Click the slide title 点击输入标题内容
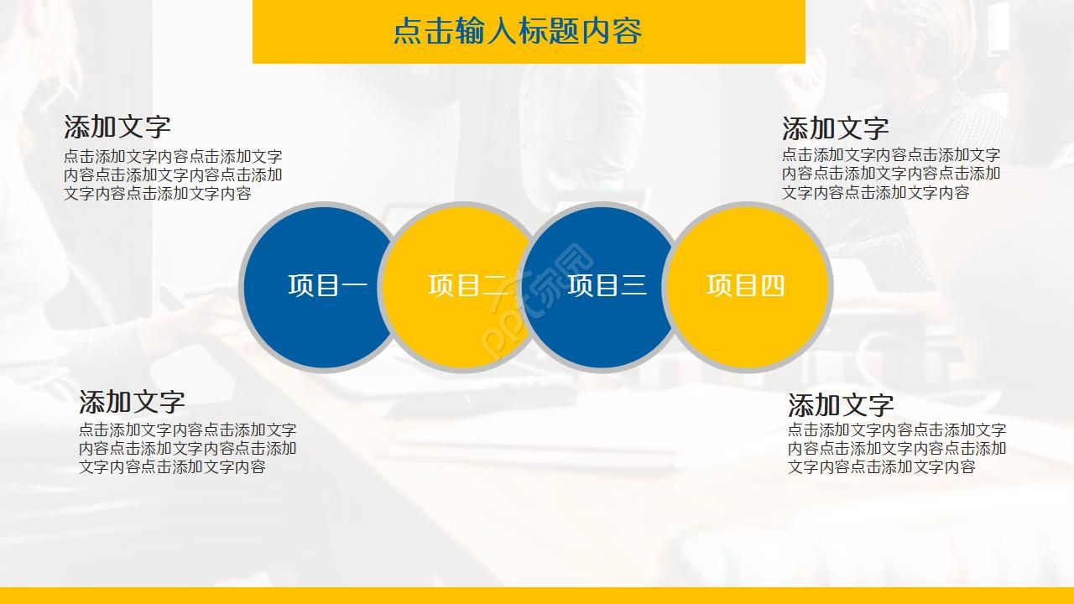(x=517, y=31)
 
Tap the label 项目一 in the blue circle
(x=327, y=286)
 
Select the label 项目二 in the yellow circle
(x=467, y=286)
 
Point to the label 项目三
(x=607, y=286)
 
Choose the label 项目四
(x=746, y=286)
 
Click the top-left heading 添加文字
(x=117, y=127)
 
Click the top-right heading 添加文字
(x=835, y=128)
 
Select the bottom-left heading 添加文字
(x=132, y=402)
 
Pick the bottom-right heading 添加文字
(x=841, y=405)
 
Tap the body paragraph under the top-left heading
(x=173, y=174)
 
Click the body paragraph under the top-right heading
(x=891, y=173)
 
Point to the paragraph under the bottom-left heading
(x=187, y=448)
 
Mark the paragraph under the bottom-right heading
(x=896, y=448)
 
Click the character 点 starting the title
(x=408, y=31)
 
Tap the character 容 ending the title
(x=627, y=31)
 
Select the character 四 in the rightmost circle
(x=773, y=286)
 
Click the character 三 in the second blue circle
(x=633, y=286)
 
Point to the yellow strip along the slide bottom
(x=537, y=596)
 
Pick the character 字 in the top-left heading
(x=158, y=127)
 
